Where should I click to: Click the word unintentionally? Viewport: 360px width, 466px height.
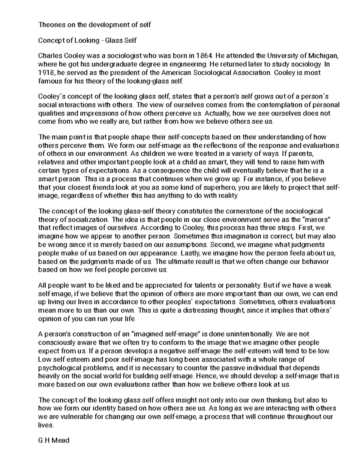248,334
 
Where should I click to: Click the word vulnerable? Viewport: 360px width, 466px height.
78,417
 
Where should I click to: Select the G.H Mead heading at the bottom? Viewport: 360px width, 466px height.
54,440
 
